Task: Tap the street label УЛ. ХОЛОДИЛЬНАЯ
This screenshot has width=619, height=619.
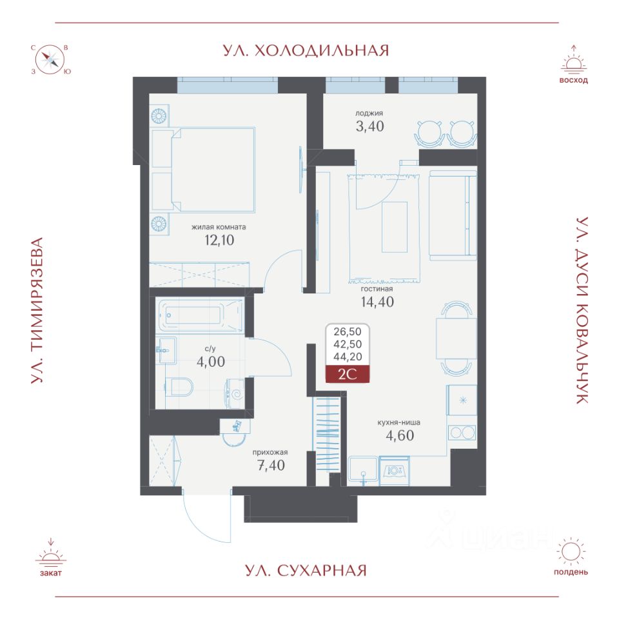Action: [x=306, y=51]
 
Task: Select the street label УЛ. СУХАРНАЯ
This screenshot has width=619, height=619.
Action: [x=306, y=571]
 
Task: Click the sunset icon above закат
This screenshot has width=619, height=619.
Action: [x=51, y=553]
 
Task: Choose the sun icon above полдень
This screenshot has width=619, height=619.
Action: [x=571, y=551]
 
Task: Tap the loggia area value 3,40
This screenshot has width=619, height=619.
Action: [x=370, y=126]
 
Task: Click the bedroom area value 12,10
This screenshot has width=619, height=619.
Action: [x=219, y=240]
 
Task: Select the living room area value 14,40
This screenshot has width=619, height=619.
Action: [x=377, y=302]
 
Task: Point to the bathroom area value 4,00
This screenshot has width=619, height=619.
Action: [x=211, y=362]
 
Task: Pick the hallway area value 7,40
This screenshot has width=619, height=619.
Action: [x=271, y=466]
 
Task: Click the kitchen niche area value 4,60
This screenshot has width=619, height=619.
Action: [x=400, y=435]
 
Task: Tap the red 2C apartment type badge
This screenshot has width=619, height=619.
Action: [x=348, y=374]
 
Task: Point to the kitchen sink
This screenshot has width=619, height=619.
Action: [x=363, y=471]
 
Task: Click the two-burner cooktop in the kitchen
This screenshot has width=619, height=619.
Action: [x=462, y=433]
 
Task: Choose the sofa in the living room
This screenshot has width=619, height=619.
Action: [x=453, y=215]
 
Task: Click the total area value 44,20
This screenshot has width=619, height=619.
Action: [x=348, y=357]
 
